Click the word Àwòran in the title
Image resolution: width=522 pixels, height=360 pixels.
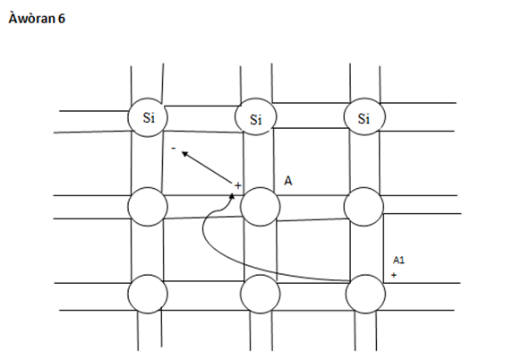tap(31, 18)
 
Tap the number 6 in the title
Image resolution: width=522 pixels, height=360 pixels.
tap(62, 19)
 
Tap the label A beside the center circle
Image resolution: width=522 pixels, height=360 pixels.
tap(288, 181)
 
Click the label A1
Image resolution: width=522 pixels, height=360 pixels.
tap(398, 260)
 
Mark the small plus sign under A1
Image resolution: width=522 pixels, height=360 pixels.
tap(394, 275)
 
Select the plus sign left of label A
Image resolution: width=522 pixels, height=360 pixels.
tap(237, 185)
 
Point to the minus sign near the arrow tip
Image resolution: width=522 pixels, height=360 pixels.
tap(174, 148)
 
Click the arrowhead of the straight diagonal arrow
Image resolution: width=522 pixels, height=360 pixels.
tap(184, 153)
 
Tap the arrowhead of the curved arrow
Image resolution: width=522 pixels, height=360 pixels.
tap(232, 196)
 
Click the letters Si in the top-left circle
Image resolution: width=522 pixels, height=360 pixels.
tap(149, 117)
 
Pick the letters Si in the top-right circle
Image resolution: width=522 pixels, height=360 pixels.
tap(364, 118)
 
